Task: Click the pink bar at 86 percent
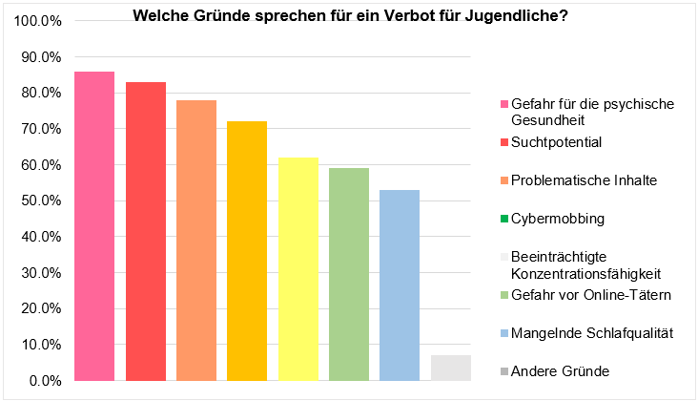tap(94, 226)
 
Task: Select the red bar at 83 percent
tap(146, 232)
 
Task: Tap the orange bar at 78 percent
tap(196, 241)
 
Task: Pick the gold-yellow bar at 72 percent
tap(247, 251)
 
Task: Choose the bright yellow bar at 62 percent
tap(298, 269)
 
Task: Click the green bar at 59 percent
tap(349, 274)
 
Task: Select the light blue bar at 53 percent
tap(400, 285)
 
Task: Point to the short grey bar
tap(451, 368)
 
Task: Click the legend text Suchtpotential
tap(557, 142)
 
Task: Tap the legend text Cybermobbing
tap(558, 219)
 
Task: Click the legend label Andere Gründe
tap(560, 371)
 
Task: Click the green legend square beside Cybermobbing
tap(504, 219)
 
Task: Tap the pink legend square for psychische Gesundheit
tap(504, 104)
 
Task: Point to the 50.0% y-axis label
tap(41, 200)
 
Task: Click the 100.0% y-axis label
tap(38, 21)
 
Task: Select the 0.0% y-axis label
tap(45, 381)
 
